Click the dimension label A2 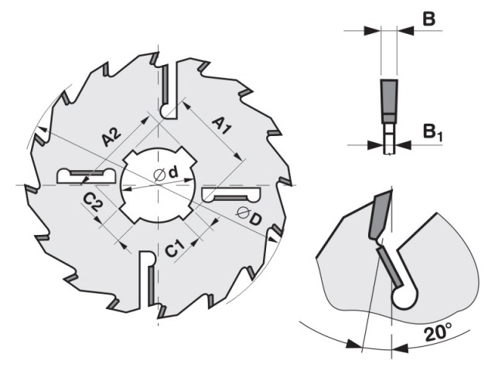coord(112,138)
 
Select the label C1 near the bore coord(175,248)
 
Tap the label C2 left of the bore coord(94,204)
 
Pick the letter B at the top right coord(429,19)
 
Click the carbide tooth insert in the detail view coord(378,216)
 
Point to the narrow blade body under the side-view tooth coord(389,144)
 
